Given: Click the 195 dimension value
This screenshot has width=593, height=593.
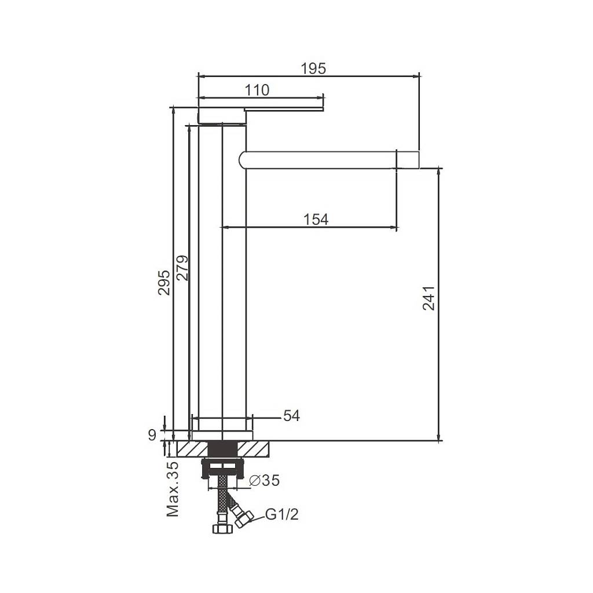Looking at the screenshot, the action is (313, 68).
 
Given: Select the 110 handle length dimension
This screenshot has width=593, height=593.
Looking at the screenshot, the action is (257, 90).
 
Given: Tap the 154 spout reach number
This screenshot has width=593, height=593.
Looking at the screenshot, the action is (316, 219).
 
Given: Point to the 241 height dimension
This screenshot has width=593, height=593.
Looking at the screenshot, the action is (429, 298).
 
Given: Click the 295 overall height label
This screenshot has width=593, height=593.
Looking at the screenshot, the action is (164, 283).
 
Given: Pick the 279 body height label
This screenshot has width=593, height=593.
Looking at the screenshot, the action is (182, 268).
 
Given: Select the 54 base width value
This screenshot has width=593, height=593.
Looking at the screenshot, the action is (292, 416).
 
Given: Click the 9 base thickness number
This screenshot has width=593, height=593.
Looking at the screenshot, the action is (152, 435).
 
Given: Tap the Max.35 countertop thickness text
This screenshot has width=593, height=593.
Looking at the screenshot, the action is (173, 489).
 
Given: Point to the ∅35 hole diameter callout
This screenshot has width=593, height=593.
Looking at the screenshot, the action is (264, 480).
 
